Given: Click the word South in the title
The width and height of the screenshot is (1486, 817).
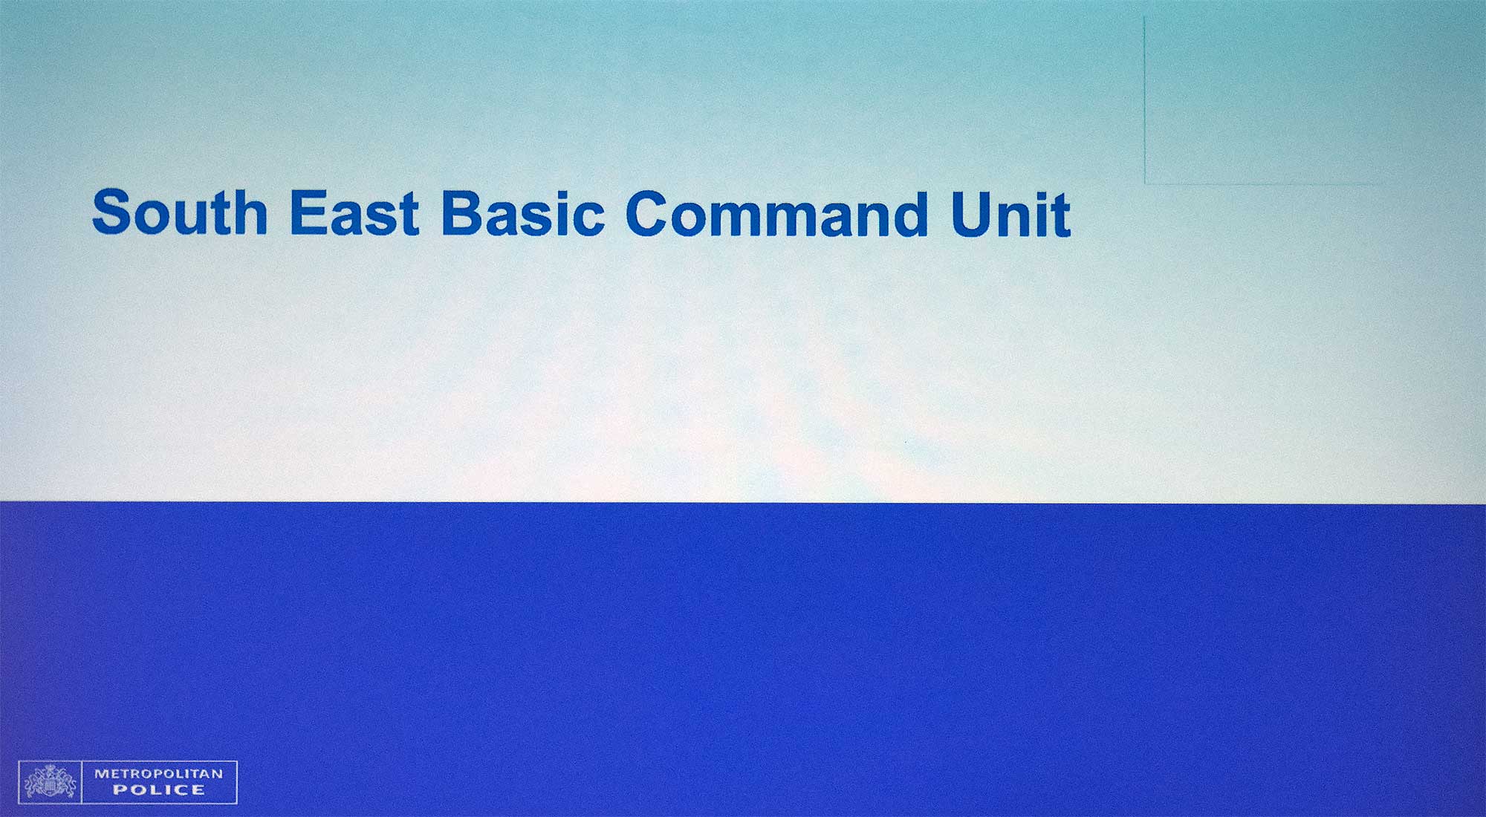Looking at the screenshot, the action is click(x=180, y=212).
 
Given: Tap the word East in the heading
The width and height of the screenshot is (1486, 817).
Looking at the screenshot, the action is click(x=354, y=212).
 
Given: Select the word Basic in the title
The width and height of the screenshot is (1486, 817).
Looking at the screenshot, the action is click(x=522, y=213).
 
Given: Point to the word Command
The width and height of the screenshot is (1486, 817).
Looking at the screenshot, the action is click(x=777, y=214).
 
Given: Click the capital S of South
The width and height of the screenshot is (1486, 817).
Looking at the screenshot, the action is click(x=113, y=212).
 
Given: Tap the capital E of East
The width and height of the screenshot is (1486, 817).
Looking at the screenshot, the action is click(x=308, y=212).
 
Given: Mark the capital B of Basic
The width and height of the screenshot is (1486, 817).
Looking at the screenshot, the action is click(x=463, y=213).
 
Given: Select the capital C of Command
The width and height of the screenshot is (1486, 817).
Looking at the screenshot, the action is click(x=649, y=214).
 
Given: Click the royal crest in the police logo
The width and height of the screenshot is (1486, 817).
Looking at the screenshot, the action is click(x=50, y=782).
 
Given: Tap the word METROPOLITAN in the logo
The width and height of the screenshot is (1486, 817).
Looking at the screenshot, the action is click(x=158, y=773).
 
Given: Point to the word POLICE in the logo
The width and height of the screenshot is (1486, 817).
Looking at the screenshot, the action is click(x=158, y=790).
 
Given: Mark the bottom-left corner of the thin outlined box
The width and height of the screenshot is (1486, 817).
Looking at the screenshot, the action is click(x=1145, y=183).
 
